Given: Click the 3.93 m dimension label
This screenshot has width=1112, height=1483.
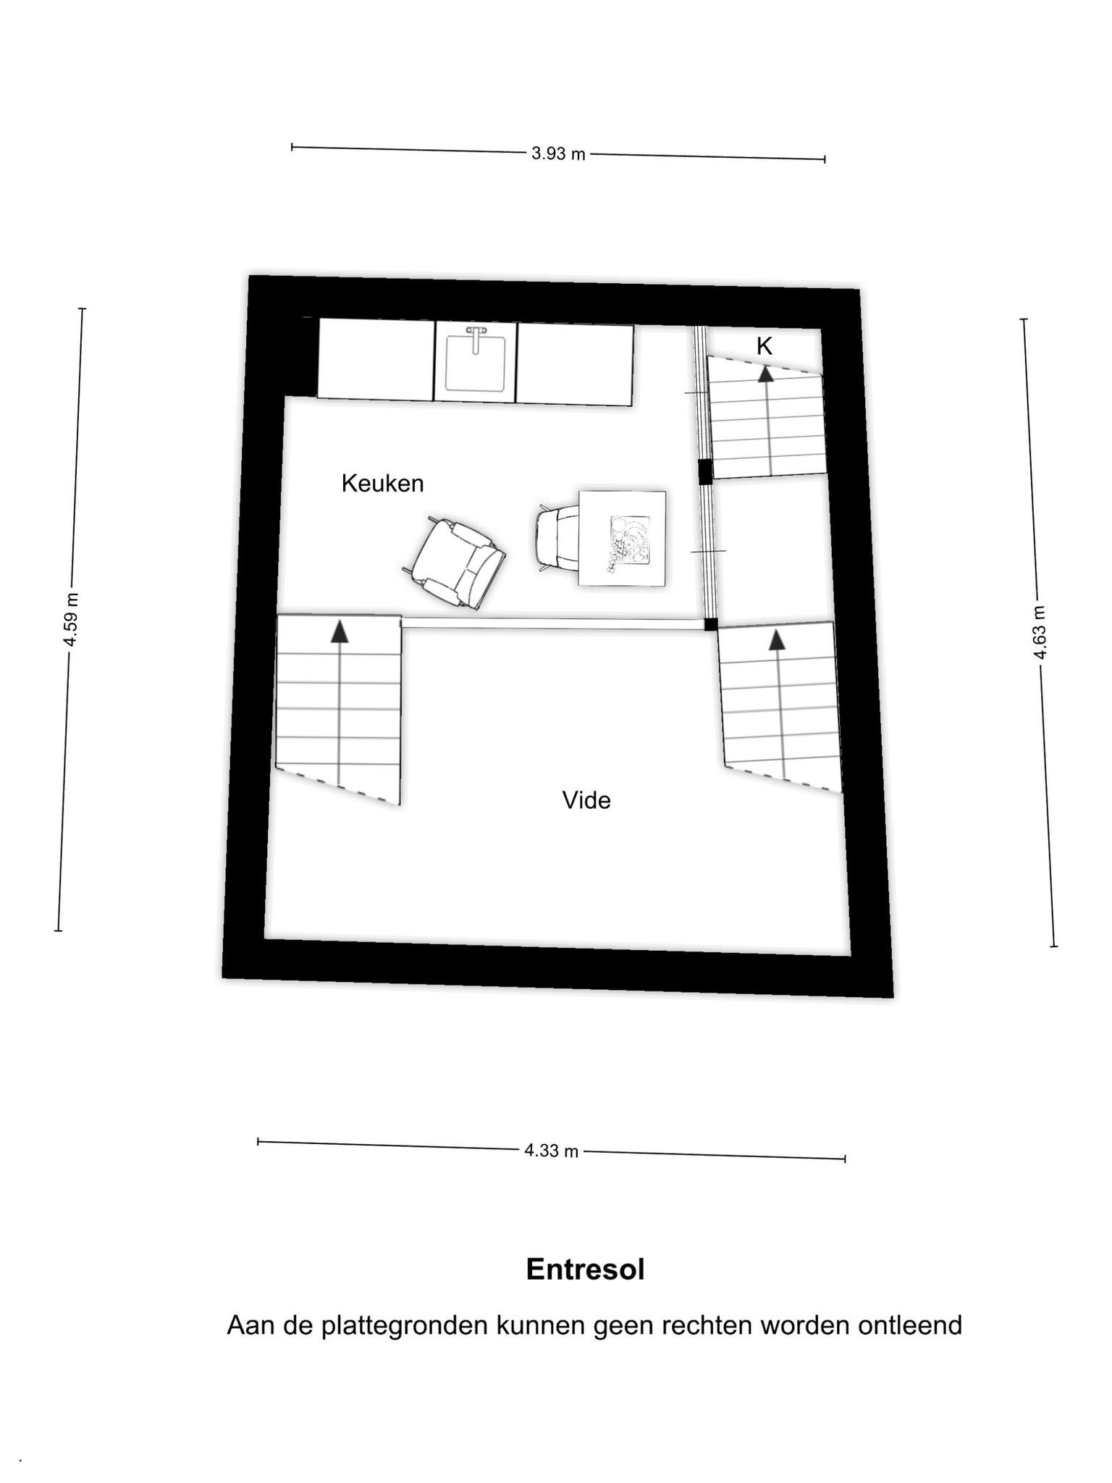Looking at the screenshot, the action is point(558,154).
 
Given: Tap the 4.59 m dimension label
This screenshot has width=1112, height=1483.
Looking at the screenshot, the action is point(70,620).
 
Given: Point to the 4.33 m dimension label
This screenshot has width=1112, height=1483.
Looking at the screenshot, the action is point(552,1151).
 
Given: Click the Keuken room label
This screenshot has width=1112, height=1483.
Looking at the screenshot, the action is point(382,483).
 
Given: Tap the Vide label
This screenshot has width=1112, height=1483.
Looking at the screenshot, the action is point(586,800).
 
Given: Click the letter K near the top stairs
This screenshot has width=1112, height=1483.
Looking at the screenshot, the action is point(764,347).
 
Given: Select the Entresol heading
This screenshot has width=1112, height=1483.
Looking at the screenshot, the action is point(585,1269).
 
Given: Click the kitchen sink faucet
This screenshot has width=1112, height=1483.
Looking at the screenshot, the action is point(476,339).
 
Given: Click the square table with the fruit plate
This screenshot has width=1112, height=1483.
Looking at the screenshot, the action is point(622,538).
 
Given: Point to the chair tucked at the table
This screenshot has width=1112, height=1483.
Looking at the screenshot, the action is point(556,537).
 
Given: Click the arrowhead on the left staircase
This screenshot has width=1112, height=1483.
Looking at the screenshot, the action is point(339,631).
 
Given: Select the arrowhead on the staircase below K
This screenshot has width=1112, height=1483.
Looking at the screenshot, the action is point(765,374).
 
